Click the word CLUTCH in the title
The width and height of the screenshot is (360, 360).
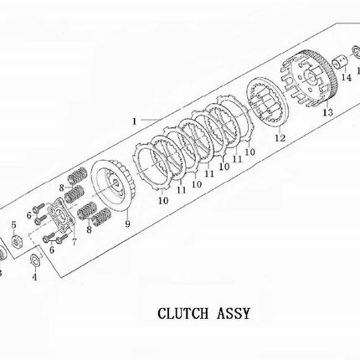[x=183, y=314]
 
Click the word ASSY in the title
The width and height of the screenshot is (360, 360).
[x=234, y=314]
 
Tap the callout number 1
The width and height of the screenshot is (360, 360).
[x=135, y=121]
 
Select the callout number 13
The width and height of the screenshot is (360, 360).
[x=328, y=112]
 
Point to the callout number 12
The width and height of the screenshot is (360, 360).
[x=280, y=137]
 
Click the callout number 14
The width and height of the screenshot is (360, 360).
[x=347, y=78]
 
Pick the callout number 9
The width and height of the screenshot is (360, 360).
[x=127, y=224]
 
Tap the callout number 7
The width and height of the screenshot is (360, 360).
[x=74, y=242]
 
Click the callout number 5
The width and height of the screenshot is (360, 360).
[x=13, y=225]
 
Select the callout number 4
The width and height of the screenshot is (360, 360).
[x=34, y=277]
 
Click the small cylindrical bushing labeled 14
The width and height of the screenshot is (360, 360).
[x=341, y=63]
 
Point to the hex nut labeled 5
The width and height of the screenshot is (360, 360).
[x=17, y=241]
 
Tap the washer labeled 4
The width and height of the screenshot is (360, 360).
[x=35, y=260]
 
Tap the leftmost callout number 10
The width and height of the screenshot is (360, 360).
[x=163, y=200]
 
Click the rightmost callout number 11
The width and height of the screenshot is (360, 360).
[x=237, y=159]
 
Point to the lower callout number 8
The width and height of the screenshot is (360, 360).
[x=89, y=230]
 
